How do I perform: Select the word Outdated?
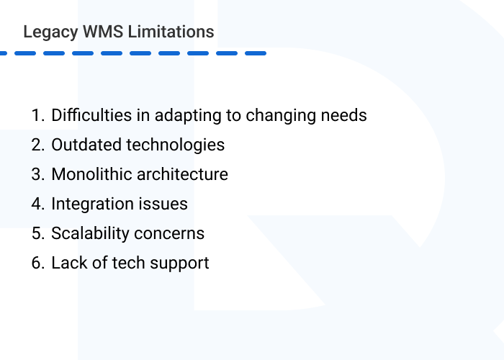point(86,145)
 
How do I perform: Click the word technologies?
point(176,145)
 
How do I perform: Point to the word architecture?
point(183,174)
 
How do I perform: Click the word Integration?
point(91,204)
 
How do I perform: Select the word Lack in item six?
point(68,263)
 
